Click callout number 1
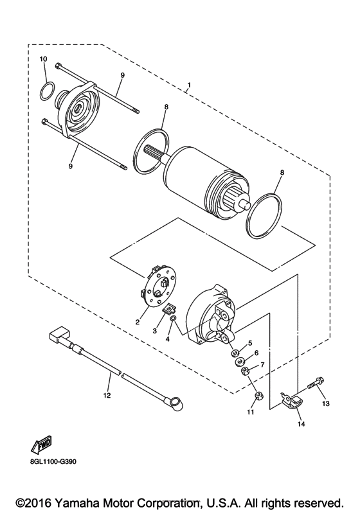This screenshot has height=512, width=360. [x=189, y=85]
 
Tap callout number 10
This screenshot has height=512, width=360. [x=44, y=60]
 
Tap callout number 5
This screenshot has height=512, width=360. [x=251, y=343]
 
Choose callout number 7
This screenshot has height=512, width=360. [x=262, y=365]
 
